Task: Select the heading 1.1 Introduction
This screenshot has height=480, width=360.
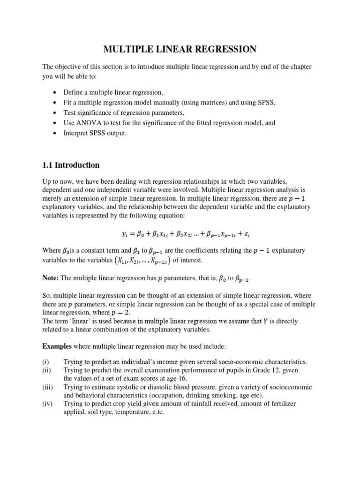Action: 71,165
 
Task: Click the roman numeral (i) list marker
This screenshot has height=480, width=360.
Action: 46,362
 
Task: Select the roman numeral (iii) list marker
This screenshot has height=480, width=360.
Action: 48,387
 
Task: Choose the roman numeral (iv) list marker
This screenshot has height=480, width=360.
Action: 48,404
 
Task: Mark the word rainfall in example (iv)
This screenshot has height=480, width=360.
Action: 220,404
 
